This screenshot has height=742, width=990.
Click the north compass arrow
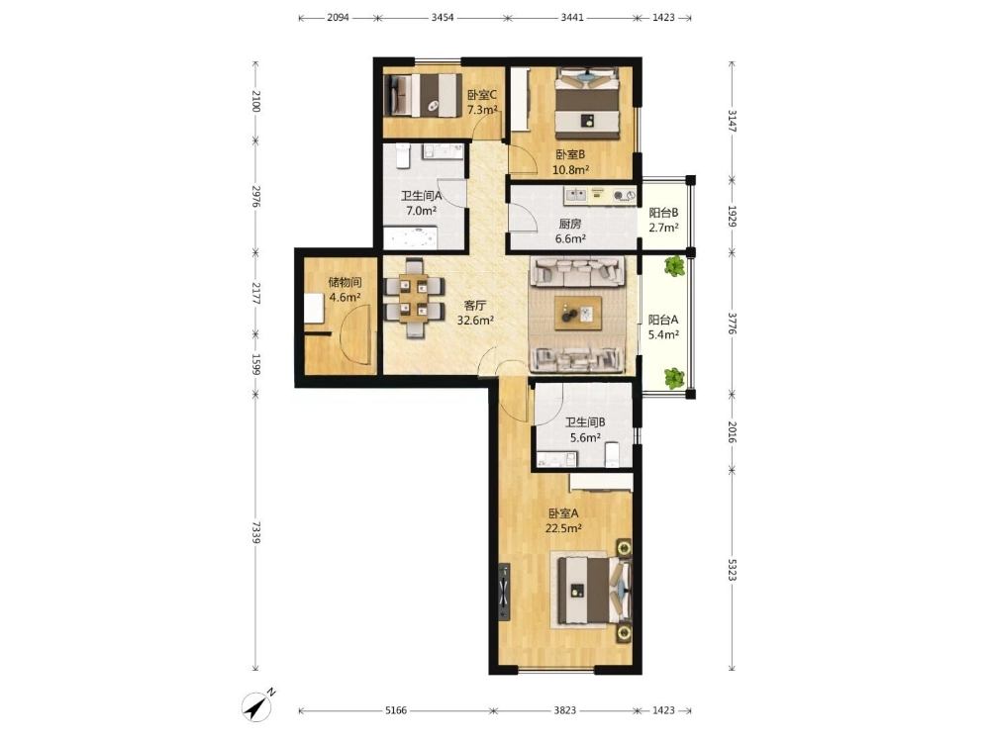[x=257, y=706]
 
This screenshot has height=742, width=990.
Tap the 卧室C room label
[x=482, y=95]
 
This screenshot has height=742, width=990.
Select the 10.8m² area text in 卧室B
[x=571, y=169]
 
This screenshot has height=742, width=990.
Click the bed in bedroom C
[x=422, y=95]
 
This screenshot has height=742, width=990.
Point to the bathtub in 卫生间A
[x=411, y=237]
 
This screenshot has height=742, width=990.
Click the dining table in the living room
[x=414, y=297]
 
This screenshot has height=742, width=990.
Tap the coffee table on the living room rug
[x=578, y=313]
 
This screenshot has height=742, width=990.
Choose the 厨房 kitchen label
[x=570, y=224]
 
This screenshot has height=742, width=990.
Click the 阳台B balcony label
[x=663, y=213]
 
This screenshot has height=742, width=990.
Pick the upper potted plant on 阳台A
[x=674, y=265]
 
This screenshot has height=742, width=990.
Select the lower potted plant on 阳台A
[x=674, y=378]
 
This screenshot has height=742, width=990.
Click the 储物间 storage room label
[x=345, y=282]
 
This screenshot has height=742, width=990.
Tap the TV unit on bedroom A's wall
[x=504, y=592]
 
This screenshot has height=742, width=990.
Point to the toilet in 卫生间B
[x=613, y=454]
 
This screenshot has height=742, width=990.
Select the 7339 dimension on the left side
[x=255, y=532]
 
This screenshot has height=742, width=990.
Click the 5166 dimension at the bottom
[x=396, y=710]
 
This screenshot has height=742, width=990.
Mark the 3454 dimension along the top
[x=443, y=18]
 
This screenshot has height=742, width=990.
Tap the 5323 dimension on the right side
[x=733, y=570]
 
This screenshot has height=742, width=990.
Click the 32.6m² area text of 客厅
[x=475, y=321]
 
